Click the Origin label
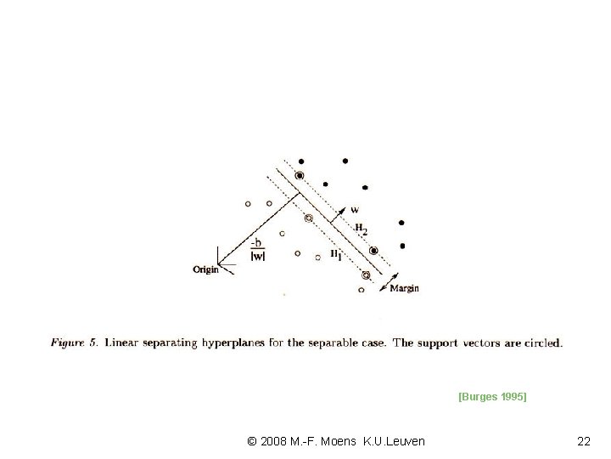(205, 269)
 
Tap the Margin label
(405, 288)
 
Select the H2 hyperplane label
(361, 229)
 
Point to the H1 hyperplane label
(336, 255)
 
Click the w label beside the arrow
(355, 210)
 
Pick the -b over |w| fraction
(258, 250)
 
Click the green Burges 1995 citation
(492, 397)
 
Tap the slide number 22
(584, 441)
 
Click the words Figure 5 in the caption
(74, 343)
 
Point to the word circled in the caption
(544, 343)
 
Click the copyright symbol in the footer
(252, 441)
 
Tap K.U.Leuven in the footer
(394, 441)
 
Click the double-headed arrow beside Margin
(389, 282)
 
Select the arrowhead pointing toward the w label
(342, 211)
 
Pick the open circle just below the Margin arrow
(362, 290)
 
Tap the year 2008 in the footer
(273, 441)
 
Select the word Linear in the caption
(121, 343)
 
